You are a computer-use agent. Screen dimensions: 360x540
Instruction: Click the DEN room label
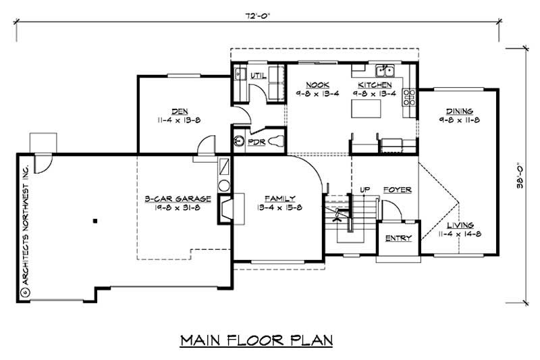pyautogui.click(x=179, y=111)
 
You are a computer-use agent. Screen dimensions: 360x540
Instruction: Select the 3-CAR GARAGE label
pyautogui.click(x=178, y=199)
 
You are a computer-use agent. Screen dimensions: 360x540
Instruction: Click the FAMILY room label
pyautogui.click(x=279, y=199)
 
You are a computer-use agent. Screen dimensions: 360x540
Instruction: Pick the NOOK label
pyautogui.click(x=310, y=85)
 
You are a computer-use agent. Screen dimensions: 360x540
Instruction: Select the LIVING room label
pyautogui.click(x=459, y=225)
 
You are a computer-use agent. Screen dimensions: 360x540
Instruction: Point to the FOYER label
pyautogui.click(x=398, y=190)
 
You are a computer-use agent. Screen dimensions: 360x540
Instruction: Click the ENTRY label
pyautogui.click(x=398, y=238)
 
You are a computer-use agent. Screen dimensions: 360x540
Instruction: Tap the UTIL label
pyautogui.click(x=257, y=76)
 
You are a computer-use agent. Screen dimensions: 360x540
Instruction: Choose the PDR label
pyautogui.click(x=256, y=143)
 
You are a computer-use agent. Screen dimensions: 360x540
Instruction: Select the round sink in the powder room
pyautogui.click(x=238, y=141)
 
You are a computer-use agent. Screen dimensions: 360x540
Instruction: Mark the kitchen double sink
pyautogui.click(x=385, y=71)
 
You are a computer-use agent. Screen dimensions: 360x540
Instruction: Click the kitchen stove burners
pyautogui.click(x=409, y=99)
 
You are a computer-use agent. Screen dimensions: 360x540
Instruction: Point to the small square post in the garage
pyautogui.click(x=95, y=220)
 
